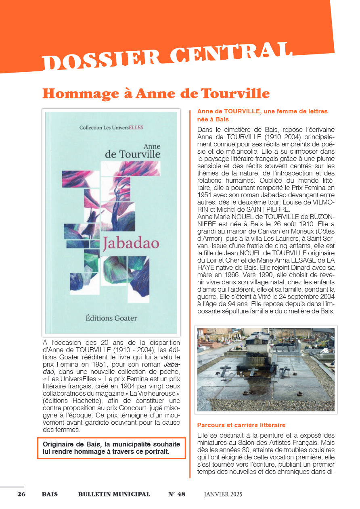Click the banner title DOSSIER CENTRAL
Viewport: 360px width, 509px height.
click(x=167, y=56)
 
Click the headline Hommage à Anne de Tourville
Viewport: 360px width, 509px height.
click(x=156, y=94)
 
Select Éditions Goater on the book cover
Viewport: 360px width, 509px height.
click(x=111, y=318)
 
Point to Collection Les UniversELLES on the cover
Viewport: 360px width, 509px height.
click(x=111, y=127)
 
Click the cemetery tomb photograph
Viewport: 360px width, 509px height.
click(x=266, y=369)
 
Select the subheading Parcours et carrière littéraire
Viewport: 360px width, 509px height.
click(x=241, y=425)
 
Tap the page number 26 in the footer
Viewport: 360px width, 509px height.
click(x=21, y=494)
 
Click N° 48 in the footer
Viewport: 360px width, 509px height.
click(x=176, y=494)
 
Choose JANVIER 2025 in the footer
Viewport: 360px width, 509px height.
click(x=223, y=494)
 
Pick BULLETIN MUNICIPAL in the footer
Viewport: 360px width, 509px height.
click(x=114, y=494)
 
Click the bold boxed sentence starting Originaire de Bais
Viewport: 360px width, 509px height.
click(x=111, y=448)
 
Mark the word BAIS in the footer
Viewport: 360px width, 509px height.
click(x=50, y=494)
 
